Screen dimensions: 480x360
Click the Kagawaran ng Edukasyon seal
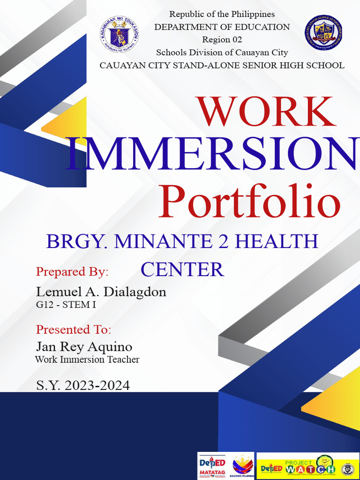pyautogui.click(x=118, y=35)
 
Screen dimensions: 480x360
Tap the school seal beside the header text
pyautogui.click(x=323, y=33)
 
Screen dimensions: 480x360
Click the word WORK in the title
pyautogui.click(x=267, y=112)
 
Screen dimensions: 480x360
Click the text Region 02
pyautogui.click(x=222, y=40)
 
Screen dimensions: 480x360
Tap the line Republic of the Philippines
pyautogui.click(x=222, y=15)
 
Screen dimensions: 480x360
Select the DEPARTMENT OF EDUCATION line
pyautogui.click(x=222, y=27)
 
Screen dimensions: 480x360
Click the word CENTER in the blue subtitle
pyautogui.click(x=182, y=270)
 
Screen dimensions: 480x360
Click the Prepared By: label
pyautogui.click(x=72, y=272)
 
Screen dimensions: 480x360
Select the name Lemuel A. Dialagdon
pyautogui.click(x=101, y=292)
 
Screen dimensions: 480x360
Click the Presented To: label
pyautogui.click(x=74, y=330)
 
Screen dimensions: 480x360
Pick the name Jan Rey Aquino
pyautogui.click(x=84, y=347)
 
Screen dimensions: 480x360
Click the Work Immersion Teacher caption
pyautogui.click(x=87, y=360)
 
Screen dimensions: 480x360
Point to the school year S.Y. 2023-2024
pyautogui.click(x=83, y=386)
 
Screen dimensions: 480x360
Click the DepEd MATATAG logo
pyautogui.click(x=212, y=466)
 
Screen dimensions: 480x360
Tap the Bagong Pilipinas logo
pyautogui.click(x=243, y=466)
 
